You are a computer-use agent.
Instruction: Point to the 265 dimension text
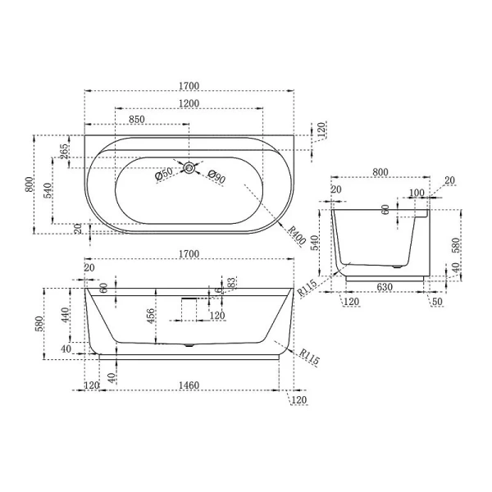[x=64, y=153]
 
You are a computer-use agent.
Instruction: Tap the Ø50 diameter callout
[x=163, y=175]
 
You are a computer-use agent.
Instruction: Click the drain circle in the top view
[x=189, y=168]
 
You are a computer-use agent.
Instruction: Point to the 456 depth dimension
[x=151, y=317]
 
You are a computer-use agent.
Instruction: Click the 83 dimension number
[x=232, y=283]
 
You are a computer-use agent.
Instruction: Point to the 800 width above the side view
[x=380, y=172]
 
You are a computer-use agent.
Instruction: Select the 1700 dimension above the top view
[x=189, y=85]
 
